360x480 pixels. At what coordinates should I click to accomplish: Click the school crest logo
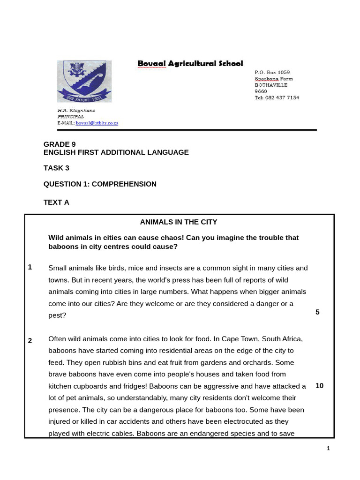coord(84,81)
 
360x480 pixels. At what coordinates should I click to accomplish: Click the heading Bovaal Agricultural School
coord(190,63)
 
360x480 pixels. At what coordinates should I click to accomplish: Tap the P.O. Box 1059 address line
coord(272,73)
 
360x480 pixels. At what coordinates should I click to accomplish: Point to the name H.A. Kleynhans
coord(76,110)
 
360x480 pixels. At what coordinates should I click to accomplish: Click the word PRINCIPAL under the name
coord(71,116)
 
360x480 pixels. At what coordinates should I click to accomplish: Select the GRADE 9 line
coord(60,144)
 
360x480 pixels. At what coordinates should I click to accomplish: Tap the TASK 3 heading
coord(56,168)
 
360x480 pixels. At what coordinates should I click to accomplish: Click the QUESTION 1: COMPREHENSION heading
coord(100,184)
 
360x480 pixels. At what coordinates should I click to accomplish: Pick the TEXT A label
coord(56,202)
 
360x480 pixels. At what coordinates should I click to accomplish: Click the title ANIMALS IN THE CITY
coord(179,222)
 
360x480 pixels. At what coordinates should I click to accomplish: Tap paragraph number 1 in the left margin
coord(30,267)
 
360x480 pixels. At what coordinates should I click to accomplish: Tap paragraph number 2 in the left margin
coord(30,341)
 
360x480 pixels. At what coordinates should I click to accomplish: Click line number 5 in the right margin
coord(317,312)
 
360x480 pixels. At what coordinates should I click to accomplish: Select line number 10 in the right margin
coord(319,386)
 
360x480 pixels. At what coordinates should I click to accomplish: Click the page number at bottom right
coord(328,449)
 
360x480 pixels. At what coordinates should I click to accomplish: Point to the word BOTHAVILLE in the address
coord(271,85)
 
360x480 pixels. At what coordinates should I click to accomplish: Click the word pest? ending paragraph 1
coord(57,315)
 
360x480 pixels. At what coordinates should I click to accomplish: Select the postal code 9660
coord(261,91)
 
